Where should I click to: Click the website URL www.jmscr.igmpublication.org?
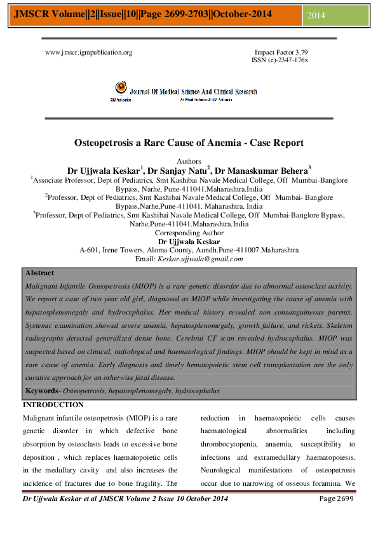coord(88,53)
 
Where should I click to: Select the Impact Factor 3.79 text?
coord(281,53)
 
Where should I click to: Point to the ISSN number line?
coord(280,60)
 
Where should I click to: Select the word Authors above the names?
coord(189,161)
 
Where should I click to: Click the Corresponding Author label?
coord(189,233)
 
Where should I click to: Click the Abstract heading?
coord(39,273)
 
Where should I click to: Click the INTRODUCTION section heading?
coord(53,405)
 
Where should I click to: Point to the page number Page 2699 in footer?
coord(337,500)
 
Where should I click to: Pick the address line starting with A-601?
coord(189,251)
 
